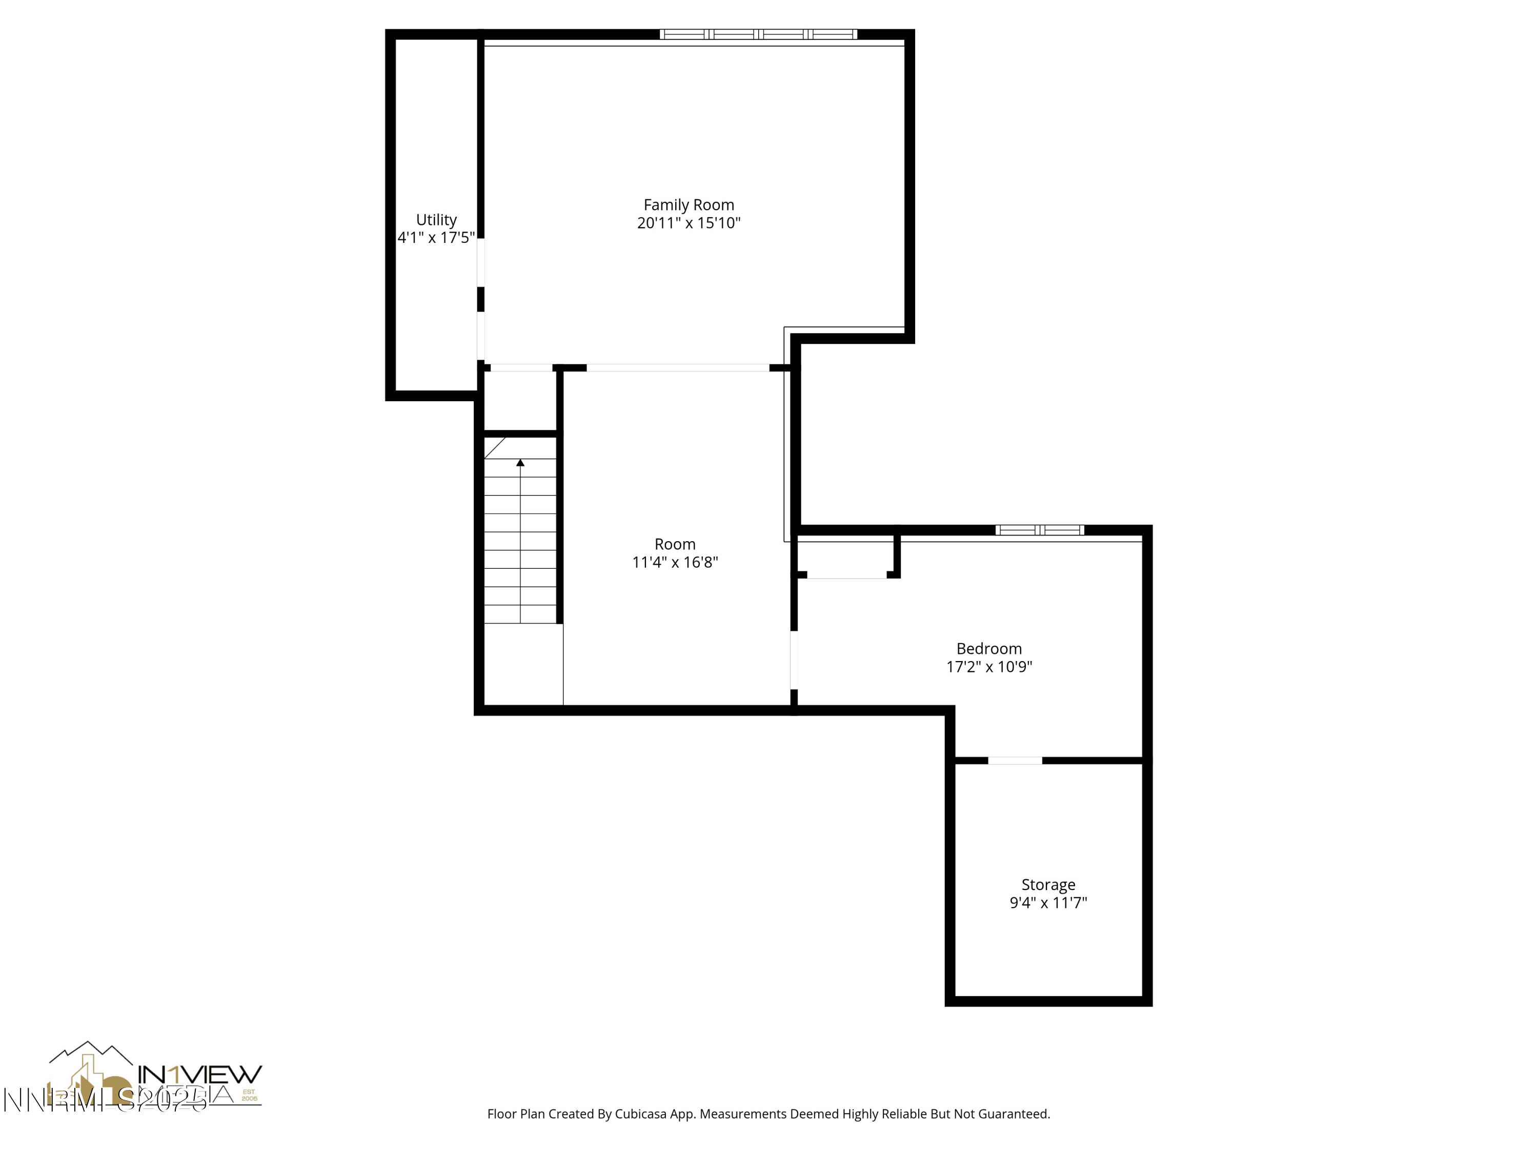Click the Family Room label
pos(689,205)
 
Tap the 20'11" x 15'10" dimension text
pos(689,223)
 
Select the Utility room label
pos(436,220)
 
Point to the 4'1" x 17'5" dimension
pos(436,238)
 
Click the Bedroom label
pos(989,648)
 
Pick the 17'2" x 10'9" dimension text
pos(989,667)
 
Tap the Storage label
pos(1048,884)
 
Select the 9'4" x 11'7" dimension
pos(1048,903)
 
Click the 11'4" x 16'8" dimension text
pos(675,562)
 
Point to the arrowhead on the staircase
pos(520,463)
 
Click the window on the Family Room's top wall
pos(758,34)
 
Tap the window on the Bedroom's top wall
pos(1040,530)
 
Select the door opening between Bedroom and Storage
pos(1015,760)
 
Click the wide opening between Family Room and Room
pos(677,367)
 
